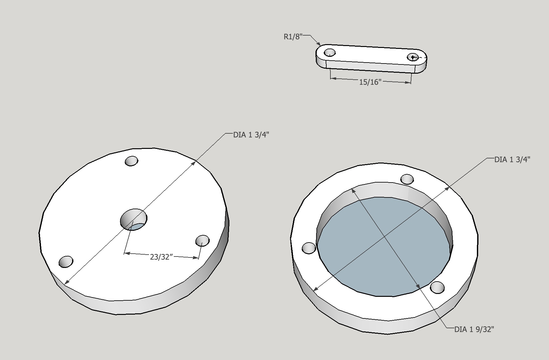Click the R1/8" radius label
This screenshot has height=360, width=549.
[x=292, y=37]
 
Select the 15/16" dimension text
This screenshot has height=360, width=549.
[x=370, y=82]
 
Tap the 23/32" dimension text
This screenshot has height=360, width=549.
[x=161, y=257]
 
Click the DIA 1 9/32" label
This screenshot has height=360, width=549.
[x=474, y=330]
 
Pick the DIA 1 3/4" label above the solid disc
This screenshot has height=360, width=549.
[x=251, y=135]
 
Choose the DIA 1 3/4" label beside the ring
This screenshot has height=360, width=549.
[x=512, y=159]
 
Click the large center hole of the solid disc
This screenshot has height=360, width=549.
[x=134, y=219]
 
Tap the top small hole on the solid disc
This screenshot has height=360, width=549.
[x=132, y=161]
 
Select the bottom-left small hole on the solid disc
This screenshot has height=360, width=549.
[x=66, y=262]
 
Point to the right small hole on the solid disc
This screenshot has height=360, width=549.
[x=202, y=241]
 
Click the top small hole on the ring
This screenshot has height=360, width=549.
[x=407, y=179]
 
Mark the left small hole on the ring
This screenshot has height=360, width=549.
[x=308, y=248]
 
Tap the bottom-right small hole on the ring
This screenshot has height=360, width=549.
[x=437, y=287]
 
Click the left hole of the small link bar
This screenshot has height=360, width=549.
[x=329, y=52]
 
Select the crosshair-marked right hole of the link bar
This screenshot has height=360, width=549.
[x=413, y=57]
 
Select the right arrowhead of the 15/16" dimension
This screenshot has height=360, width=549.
[x=409, y=83]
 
